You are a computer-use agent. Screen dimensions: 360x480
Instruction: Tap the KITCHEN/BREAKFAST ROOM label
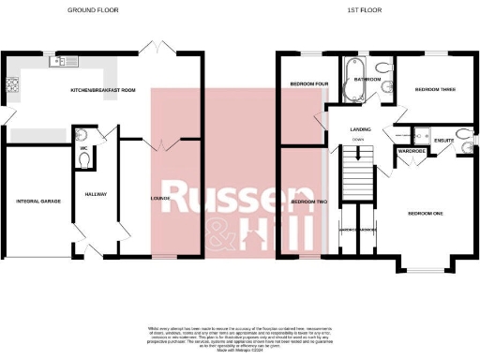point(103,91)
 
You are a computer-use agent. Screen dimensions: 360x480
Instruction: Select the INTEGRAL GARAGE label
point(37,201)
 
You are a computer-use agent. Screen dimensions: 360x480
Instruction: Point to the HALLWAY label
point(96,195)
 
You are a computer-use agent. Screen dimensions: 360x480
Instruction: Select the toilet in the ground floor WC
point(84,159)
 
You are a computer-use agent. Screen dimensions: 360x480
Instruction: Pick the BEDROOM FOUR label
point(308,83)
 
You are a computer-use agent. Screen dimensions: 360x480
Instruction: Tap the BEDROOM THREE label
point(434,90)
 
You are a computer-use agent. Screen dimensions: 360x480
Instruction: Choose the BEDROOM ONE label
point(425,213)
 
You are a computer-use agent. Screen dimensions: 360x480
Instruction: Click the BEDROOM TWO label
point(308,202)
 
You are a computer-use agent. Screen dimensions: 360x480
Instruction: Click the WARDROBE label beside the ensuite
point(412,150)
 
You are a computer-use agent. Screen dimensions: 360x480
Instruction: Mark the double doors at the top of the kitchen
point(155,46)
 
